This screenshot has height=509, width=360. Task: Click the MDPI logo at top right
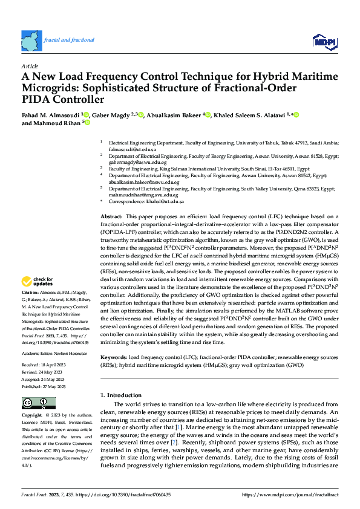coord(324,41)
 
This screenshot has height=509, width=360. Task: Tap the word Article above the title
coord(30,66)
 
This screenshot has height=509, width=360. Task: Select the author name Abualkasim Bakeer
coord(174,115)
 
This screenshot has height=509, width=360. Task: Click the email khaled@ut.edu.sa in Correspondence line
coord(168,201)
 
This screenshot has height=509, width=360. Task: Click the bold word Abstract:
coord(112,216)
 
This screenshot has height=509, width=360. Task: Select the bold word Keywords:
coord(114,341)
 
